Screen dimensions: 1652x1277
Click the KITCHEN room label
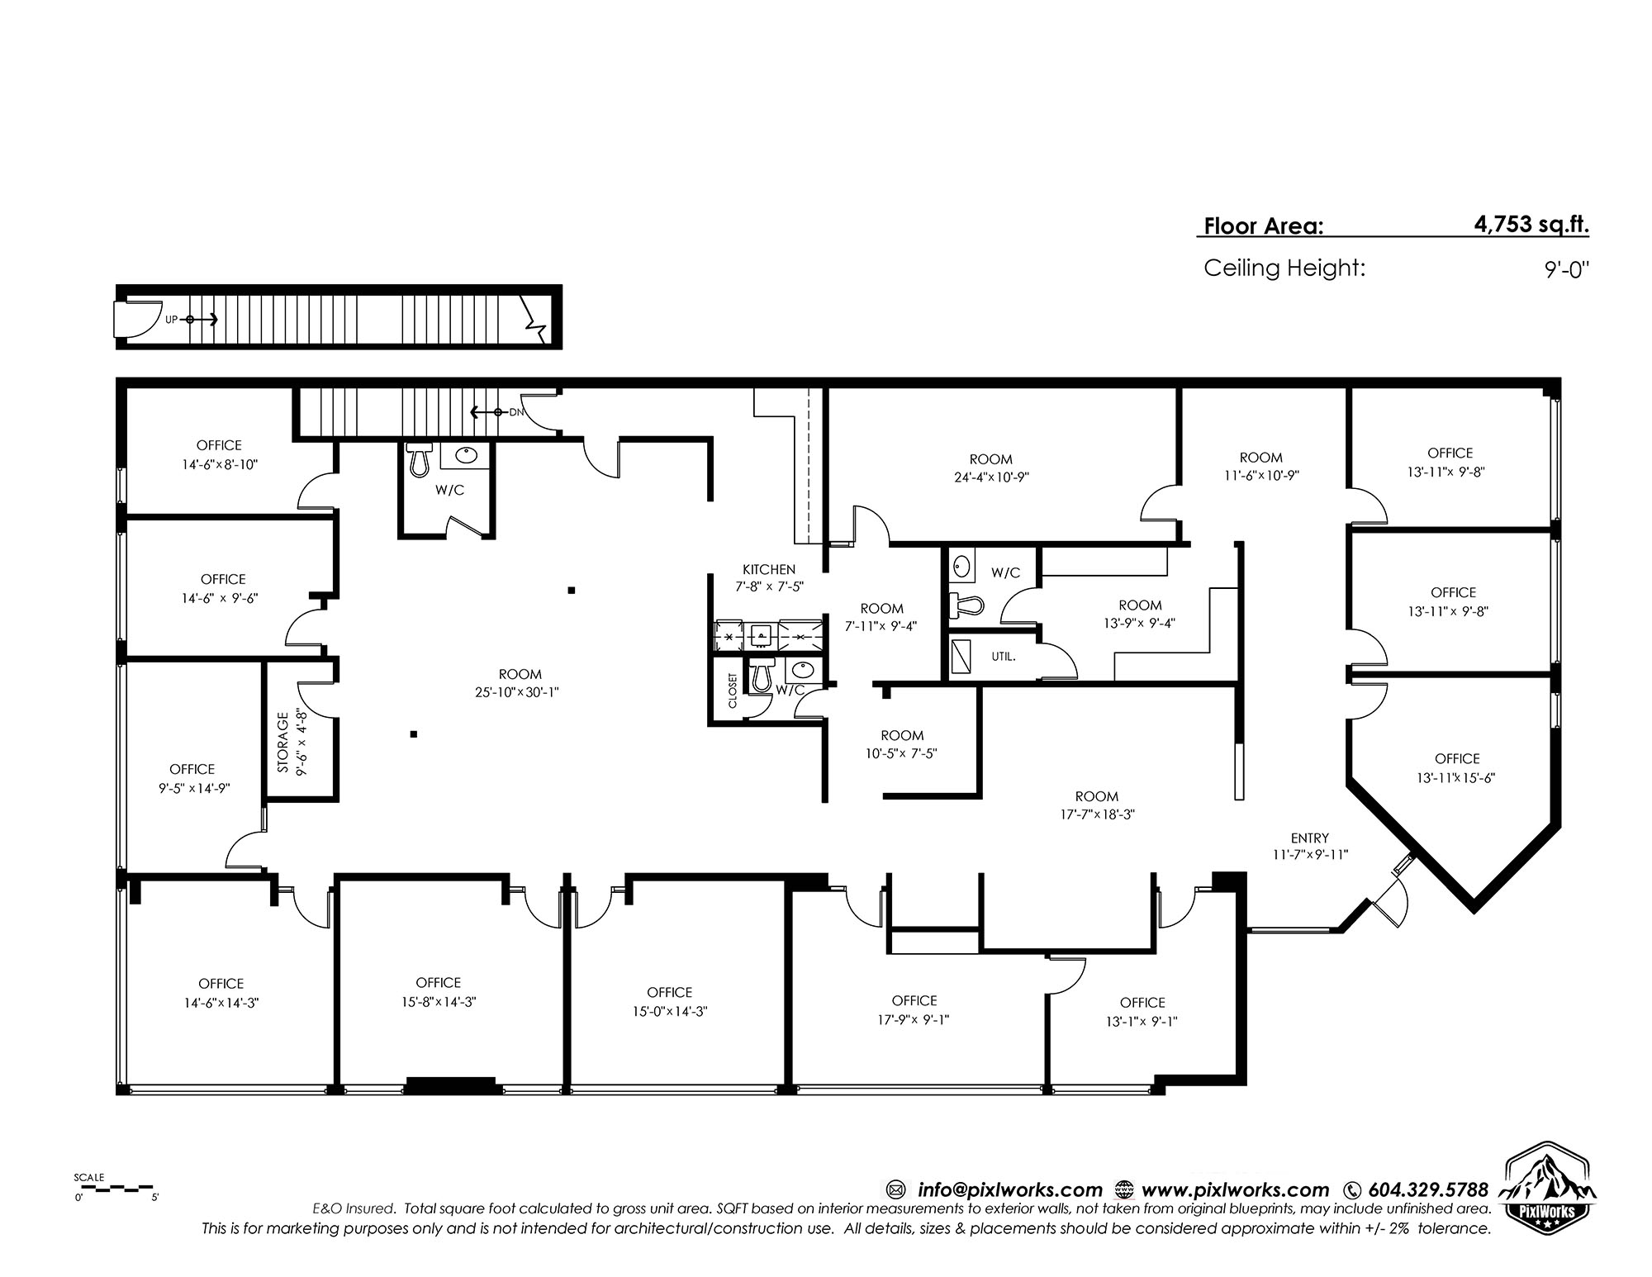[769, 569]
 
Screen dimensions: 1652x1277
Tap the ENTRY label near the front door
[1310, 838]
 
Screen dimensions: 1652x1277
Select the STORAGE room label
[283, 742]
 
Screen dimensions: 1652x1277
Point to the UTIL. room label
[1004, 657]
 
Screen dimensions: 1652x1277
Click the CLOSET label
[733, 690]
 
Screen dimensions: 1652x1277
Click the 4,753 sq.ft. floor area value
[1531, 225]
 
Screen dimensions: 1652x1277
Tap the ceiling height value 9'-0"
[1567, 269]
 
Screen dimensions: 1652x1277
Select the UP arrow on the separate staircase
[202, 319]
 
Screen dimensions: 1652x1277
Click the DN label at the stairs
[516, 411]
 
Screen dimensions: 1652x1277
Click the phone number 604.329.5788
[1429, 1189]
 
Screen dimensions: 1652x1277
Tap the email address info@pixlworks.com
[1010, 1190]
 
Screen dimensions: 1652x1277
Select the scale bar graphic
[114, 1188]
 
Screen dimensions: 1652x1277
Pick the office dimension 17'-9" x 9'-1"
[914, 1019]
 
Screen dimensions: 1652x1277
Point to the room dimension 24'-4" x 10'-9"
[990, 477]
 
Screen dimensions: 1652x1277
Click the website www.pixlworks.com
[1235, 1190]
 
